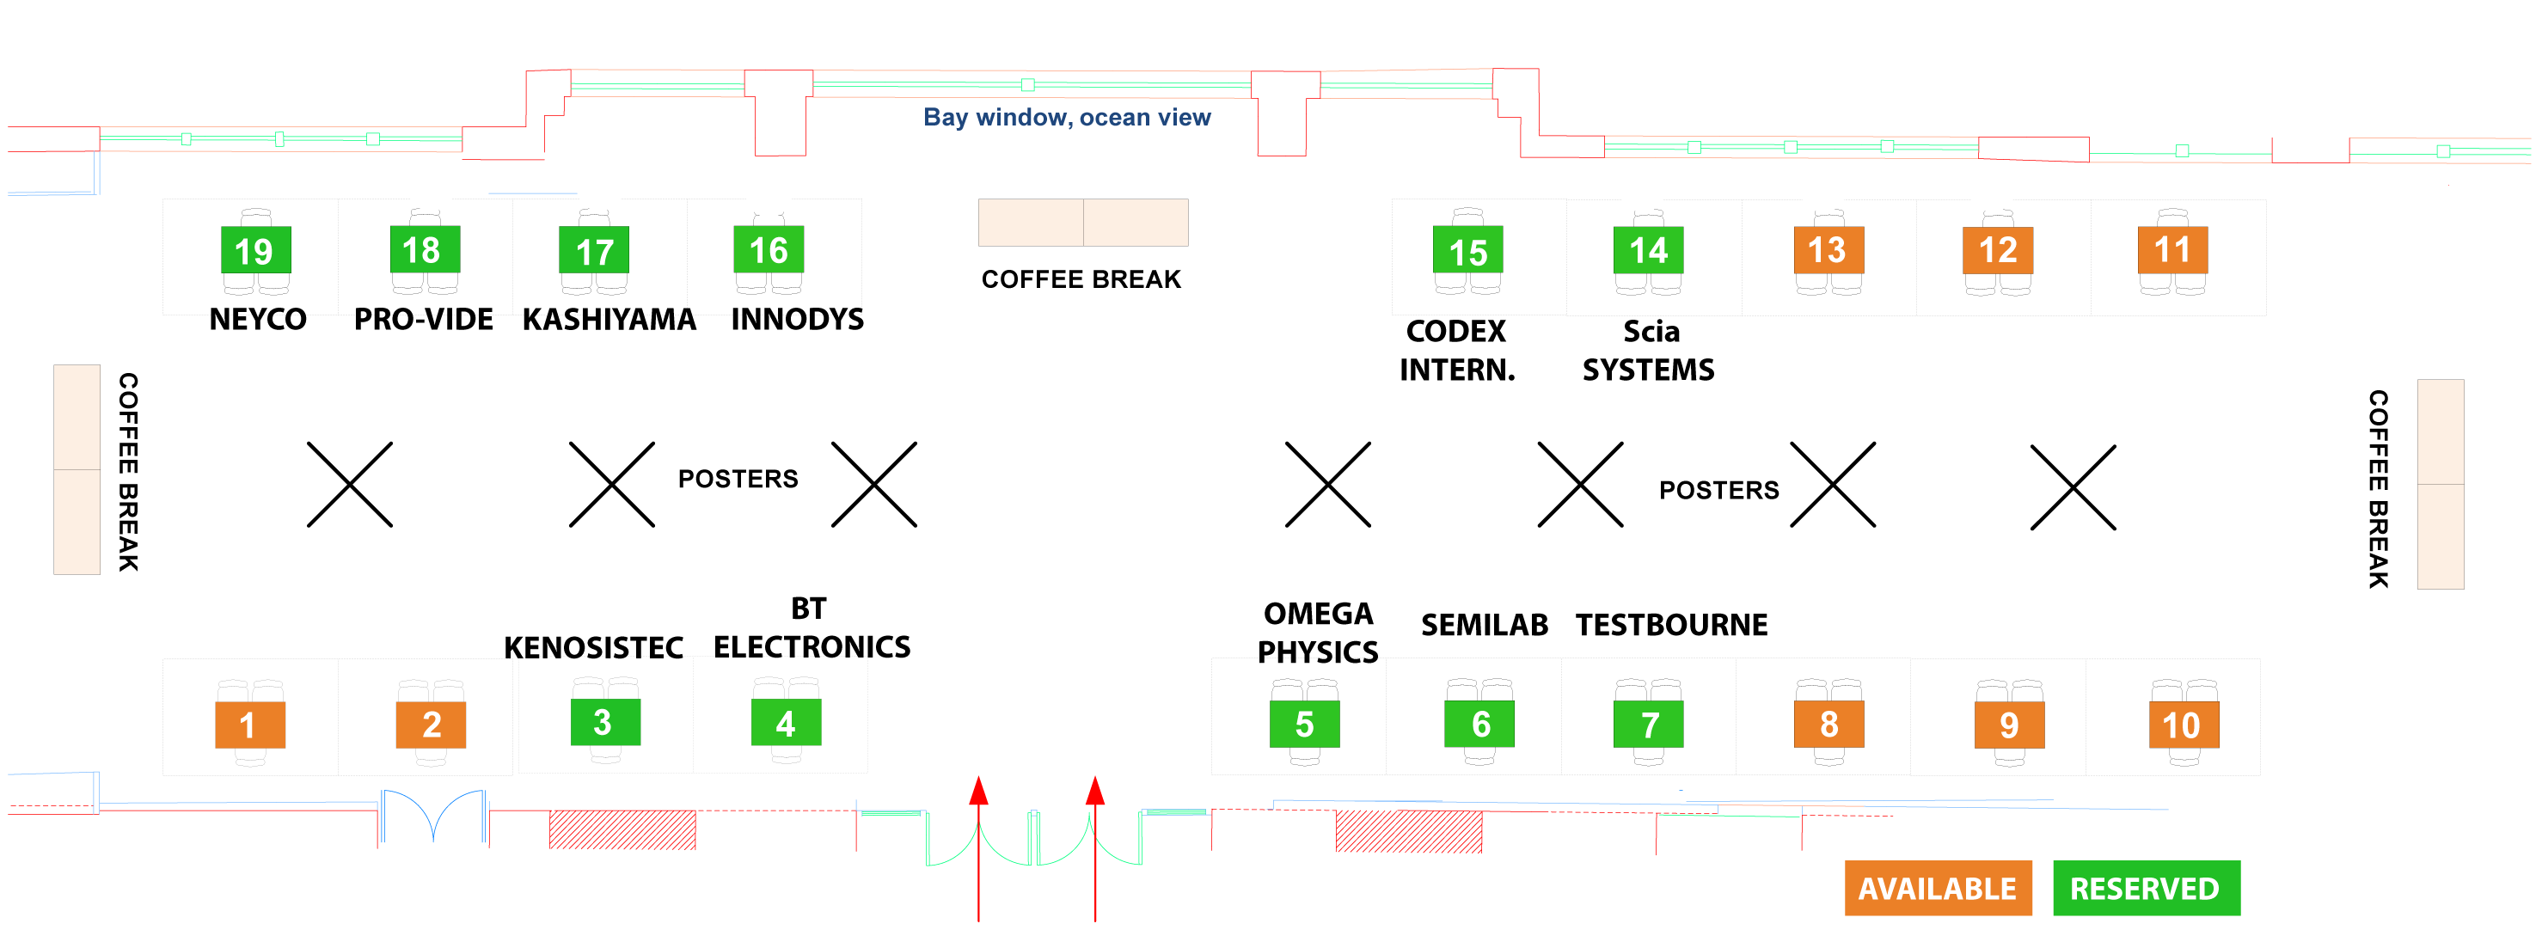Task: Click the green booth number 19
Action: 255,251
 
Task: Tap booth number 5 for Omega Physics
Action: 1303,725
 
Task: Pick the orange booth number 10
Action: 2183,725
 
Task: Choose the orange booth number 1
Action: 249,725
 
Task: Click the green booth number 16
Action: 768,250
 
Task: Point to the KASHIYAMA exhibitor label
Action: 609,320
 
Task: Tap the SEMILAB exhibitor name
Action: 1484,625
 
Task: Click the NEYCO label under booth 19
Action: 258,320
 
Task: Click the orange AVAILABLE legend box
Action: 1937,888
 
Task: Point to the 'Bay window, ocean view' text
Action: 1066,117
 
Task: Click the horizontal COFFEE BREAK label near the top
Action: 1080,279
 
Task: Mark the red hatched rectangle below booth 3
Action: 622,829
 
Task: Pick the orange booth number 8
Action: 1828,725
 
